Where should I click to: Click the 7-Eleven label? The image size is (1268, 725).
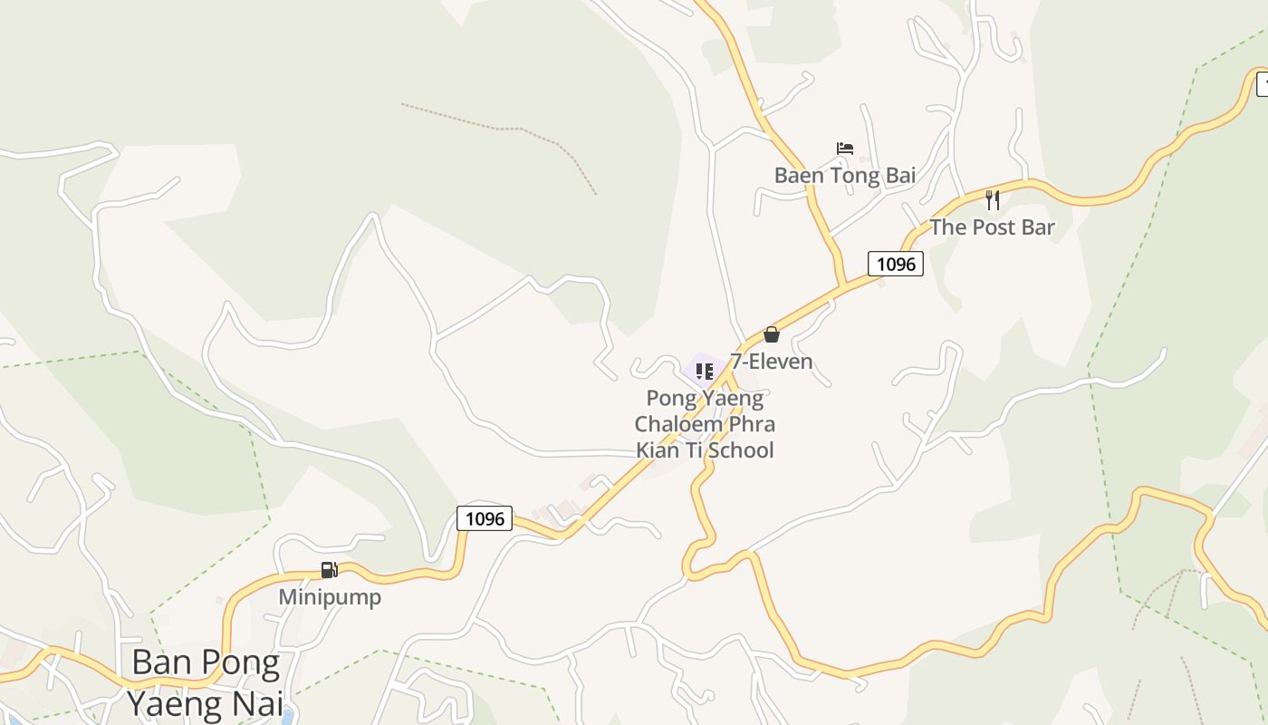(x=772, y=362)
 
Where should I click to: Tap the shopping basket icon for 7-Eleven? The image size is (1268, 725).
(x=772, y=334)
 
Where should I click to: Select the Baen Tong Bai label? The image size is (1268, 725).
(x=845, y=175)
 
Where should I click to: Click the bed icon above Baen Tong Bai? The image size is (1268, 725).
(x=845, y=149)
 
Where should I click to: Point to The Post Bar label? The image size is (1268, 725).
(x=992, y=227)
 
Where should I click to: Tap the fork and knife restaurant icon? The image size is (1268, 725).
(x=993, y=200)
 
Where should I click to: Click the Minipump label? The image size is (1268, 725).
(x=330, y=597)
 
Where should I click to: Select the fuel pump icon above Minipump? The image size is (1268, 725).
(x=330, y=570)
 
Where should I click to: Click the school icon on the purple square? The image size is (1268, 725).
(x=705, y=371)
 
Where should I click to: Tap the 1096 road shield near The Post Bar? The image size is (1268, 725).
(x=896, y=264)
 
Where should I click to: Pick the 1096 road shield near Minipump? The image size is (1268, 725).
(x=485, y=518)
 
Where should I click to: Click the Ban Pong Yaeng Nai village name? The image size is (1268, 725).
(x=206, y=682)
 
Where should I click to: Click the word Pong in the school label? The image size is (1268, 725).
(x=671, y=398)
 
